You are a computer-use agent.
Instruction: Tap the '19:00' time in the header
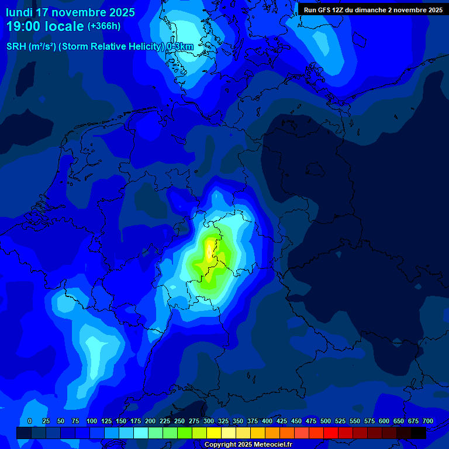tap(23, 26)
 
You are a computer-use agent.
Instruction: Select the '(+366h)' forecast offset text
tap(104, 26)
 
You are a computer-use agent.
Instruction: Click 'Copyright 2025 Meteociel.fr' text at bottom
tap(249, 445)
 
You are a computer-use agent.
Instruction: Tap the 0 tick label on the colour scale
tap(30, 421)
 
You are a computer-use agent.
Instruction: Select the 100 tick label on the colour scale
tap(92, 421)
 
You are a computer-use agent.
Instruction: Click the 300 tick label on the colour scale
tap(209, 421)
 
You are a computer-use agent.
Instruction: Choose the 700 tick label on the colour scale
tap(428, 421)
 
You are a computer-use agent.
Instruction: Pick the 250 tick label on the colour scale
tap(179, 421)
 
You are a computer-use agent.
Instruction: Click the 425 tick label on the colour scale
tap(282, 421)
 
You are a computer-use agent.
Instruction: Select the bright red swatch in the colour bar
tap(331, 433)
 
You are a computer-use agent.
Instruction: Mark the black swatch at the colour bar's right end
tap(419, 433)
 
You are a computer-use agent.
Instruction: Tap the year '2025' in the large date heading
tap(118, 12)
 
